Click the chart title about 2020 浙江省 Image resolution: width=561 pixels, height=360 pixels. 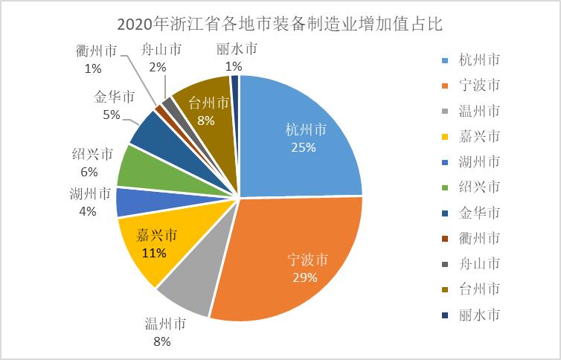coord(280,23)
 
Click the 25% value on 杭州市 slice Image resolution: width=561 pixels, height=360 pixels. coord(303,147)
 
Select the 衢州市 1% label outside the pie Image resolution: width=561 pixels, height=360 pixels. coord(95,60)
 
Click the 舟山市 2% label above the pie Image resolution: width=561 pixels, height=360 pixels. coord(161,59)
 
